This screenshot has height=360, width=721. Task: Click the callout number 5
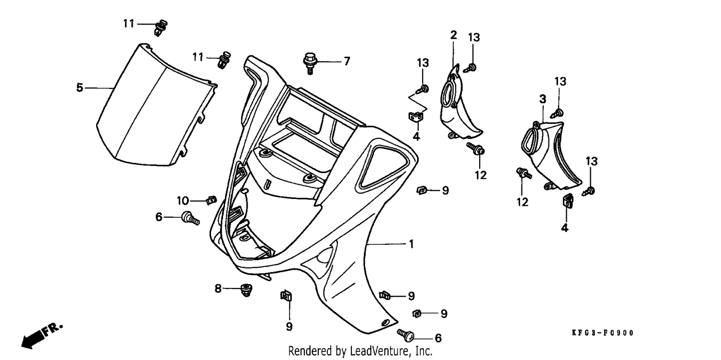(79, 87)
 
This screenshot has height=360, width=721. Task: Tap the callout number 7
(347, 61)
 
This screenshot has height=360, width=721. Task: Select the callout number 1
(411, 244)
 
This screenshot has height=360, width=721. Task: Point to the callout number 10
(183, 201)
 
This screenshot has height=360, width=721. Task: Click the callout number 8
(218, 288)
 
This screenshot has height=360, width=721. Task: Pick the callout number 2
(454, 35)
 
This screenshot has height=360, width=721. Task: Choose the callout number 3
(543, 99)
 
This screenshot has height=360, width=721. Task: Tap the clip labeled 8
(247, 290)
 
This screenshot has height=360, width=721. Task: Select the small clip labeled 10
(211, 200)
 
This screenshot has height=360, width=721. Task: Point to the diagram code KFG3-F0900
(603, 333)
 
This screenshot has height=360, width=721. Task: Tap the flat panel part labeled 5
(156, 106)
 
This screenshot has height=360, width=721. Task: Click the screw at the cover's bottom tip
(405, 335)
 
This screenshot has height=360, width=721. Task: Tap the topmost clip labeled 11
(160, 28)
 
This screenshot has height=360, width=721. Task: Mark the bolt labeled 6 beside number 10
(190, 218)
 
